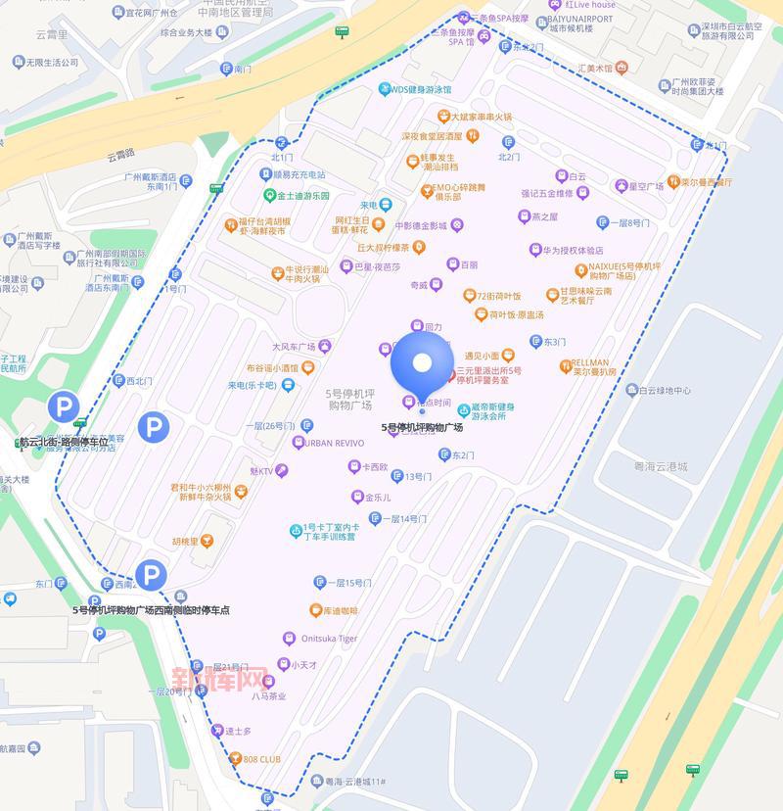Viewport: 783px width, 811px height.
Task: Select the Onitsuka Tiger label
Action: (321, 639)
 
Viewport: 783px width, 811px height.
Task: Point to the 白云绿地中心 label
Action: (665, 391)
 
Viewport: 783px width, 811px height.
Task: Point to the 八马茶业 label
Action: (268, 696)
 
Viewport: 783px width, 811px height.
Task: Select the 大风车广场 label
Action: (294, 347)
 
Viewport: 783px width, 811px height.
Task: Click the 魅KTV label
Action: (261, 471)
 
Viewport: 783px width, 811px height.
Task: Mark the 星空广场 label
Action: (645, 186)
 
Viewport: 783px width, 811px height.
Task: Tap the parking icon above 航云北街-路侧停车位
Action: (65, 406)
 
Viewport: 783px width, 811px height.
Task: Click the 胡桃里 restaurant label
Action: (185, 541)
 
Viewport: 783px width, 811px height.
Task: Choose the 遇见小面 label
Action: (482, 356)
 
